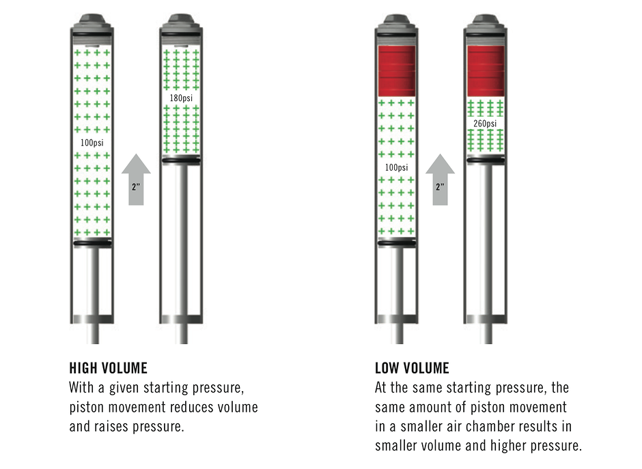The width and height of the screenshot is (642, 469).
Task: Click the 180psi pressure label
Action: pos(181,98)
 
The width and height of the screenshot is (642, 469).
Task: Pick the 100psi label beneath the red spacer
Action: pos(396,168)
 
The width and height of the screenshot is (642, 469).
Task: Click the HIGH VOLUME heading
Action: pos(108,369)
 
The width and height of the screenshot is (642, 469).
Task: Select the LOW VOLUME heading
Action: pos(412,369)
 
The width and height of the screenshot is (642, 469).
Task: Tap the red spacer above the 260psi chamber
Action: pos(485,71)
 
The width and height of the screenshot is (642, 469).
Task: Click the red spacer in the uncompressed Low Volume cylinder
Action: pos(397,71)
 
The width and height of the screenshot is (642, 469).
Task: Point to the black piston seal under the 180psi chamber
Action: pos(181,160)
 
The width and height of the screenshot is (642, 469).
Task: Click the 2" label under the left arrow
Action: pos(137,185)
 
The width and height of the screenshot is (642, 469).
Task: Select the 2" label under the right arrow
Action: pos(440,185)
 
